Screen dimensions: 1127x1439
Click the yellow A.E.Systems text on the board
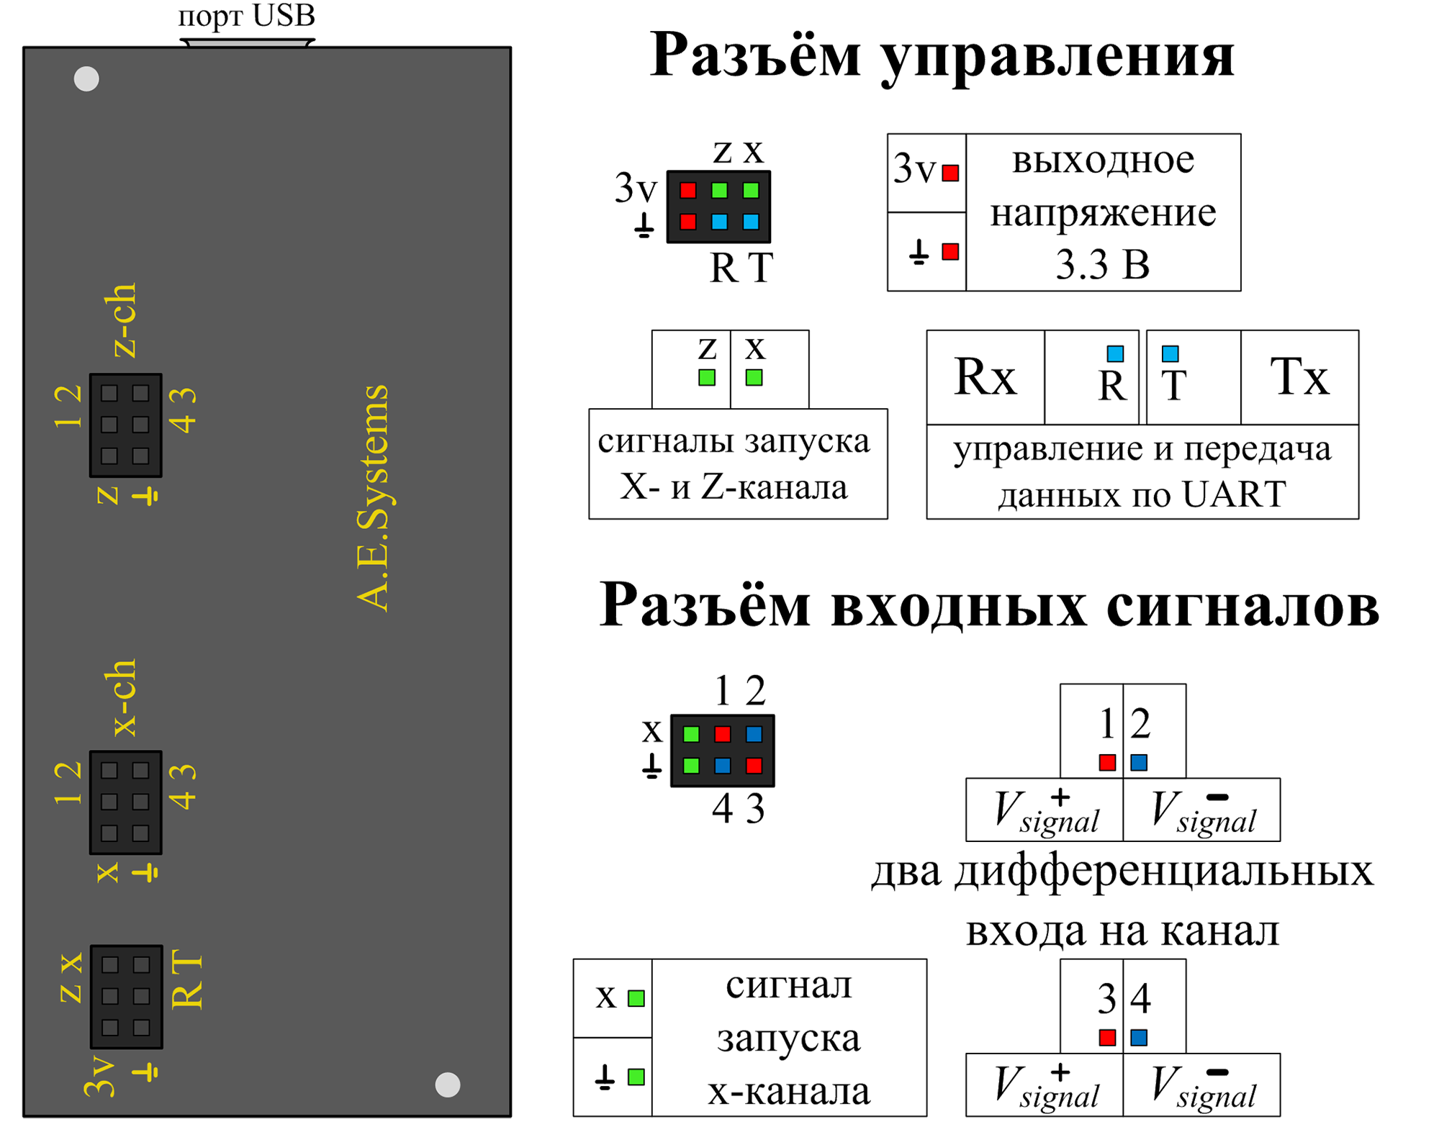pyautogui.click(x=373, y=498)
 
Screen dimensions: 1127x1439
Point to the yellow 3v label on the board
pyautogui.click(x=100, y=1077)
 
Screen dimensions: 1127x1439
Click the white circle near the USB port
pyautogui.click(x=86, y=79)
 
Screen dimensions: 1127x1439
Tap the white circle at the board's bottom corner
pyautogui.click(x=448, y=1085)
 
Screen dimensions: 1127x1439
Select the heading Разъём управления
pyautogui.click(x=942, y=56)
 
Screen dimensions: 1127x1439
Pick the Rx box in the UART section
pyautogui.click(x=984, y=376)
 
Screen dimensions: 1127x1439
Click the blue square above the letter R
pyautogui.click(x=1115, y=353)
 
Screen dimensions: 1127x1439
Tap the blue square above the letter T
pyautogui.click(x=1170, y=353)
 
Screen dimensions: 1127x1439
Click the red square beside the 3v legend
pyautogui.click(x=950, y=173)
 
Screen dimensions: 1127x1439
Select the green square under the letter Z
pyautogui.click(x=707, y=376)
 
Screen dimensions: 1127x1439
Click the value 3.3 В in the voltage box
pyautogui.click(x=1103, y=266)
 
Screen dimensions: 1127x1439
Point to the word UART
pyautogui.click(x=1233, y=495)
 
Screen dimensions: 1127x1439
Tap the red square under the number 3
pyautogui.click(x=1107, y=1038)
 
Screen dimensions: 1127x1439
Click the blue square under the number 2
pyautogui.click(x=1139, y=761)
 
